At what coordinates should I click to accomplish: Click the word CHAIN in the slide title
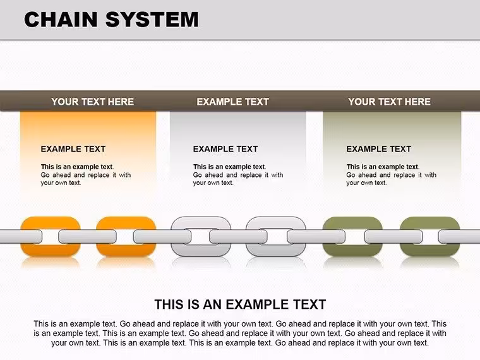pyautogui.click(x=61, y=20)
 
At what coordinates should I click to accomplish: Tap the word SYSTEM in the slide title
pyautogui.click(x=152, y=20)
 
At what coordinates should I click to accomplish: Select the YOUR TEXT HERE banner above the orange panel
pyautogui.click(x=92, y=102)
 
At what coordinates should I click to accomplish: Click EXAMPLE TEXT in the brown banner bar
pyautogui.click(x=232, y=102)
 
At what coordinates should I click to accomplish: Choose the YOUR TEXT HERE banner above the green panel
pyautogui.click(x=390, y=102)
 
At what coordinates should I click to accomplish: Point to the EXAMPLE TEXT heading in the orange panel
pyautogui.click(x=73, y=149)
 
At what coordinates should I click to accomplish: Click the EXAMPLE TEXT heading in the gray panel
pyautogui.click(x=225, y=149)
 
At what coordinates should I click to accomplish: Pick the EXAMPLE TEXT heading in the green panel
pyautogui.click(x=379, y=149)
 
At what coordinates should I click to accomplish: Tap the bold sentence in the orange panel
pyautogui.click(x=77, y=167)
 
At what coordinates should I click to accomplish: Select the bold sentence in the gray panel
pyautogui.click(x=230, y=167)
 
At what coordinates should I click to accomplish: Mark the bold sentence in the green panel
pyautogui.click(x=383, y=167)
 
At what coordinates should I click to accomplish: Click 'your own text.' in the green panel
pyautogui.click(x=366, y=183)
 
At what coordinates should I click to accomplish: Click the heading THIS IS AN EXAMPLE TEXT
pyautogui.click(x=240, y=304)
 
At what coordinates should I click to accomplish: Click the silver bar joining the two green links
pyautogui.click(x=393, y=237)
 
